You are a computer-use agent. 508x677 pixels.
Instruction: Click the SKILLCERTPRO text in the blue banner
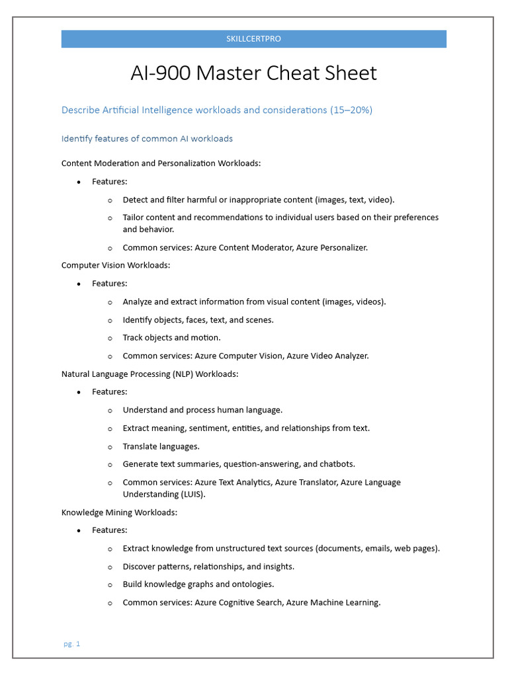(x=253, y=39)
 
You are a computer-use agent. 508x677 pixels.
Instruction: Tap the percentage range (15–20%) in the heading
(x=351, y=110)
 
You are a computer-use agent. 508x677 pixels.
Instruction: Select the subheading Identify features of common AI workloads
(x=147, y=139)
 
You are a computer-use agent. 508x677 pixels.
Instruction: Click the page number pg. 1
(x=71, y=644)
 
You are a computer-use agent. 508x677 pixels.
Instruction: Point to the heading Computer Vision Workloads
(x=116, y=265)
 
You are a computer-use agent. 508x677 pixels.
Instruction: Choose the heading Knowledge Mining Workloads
(x=119, y=512)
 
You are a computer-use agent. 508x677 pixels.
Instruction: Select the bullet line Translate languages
(x=161, y=446)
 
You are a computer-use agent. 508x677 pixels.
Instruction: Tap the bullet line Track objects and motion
(x=171, y=338)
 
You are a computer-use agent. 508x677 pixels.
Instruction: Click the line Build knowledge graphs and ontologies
(x=198, y=584)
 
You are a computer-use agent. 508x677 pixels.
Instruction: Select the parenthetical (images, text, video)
(x=355, y=200)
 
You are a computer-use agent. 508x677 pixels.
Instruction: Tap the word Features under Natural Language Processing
(x=109, y=392)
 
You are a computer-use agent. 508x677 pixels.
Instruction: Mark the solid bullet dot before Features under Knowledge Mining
(x=79, y=531)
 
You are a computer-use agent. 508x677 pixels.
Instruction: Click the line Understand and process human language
(x=202, y=410)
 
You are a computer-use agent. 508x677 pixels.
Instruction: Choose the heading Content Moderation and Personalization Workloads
(x=161, y=163)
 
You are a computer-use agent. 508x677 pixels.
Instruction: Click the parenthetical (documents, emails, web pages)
(x=377, y=548)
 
